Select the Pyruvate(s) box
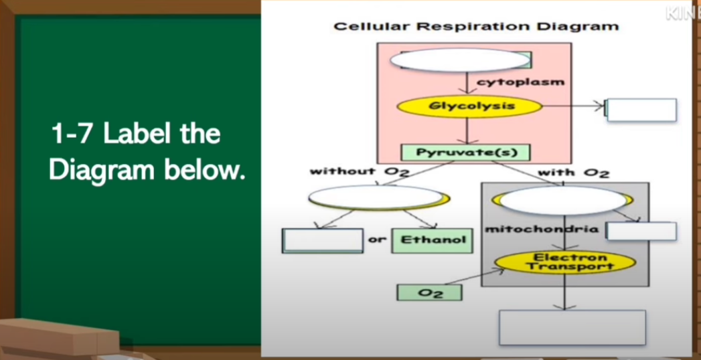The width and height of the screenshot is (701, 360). tap(466, 153)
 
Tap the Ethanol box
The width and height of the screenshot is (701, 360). tap(432, 240)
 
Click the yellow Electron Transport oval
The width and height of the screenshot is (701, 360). tap(564, 262)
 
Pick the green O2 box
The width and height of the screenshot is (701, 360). tap(429, 293)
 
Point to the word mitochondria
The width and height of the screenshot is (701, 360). tap(542, 229)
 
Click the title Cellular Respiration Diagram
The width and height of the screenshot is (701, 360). tap(476, 27)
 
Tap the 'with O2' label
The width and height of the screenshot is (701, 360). tap(573, 173)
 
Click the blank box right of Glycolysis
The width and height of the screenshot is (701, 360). tap(641, 110)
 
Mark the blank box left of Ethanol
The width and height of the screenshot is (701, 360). tap(323, 241)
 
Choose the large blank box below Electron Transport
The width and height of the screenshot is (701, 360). tap(572, 327)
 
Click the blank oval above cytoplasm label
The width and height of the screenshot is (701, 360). tap(460, 60)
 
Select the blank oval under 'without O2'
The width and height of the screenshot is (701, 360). tap(376, 197)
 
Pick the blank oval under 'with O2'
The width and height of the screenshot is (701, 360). tap(563, 200)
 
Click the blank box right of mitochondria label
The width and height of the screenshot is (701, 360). tap(641, 232)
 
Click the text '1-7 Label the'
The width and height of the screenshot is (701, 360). tap(135, 134)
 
